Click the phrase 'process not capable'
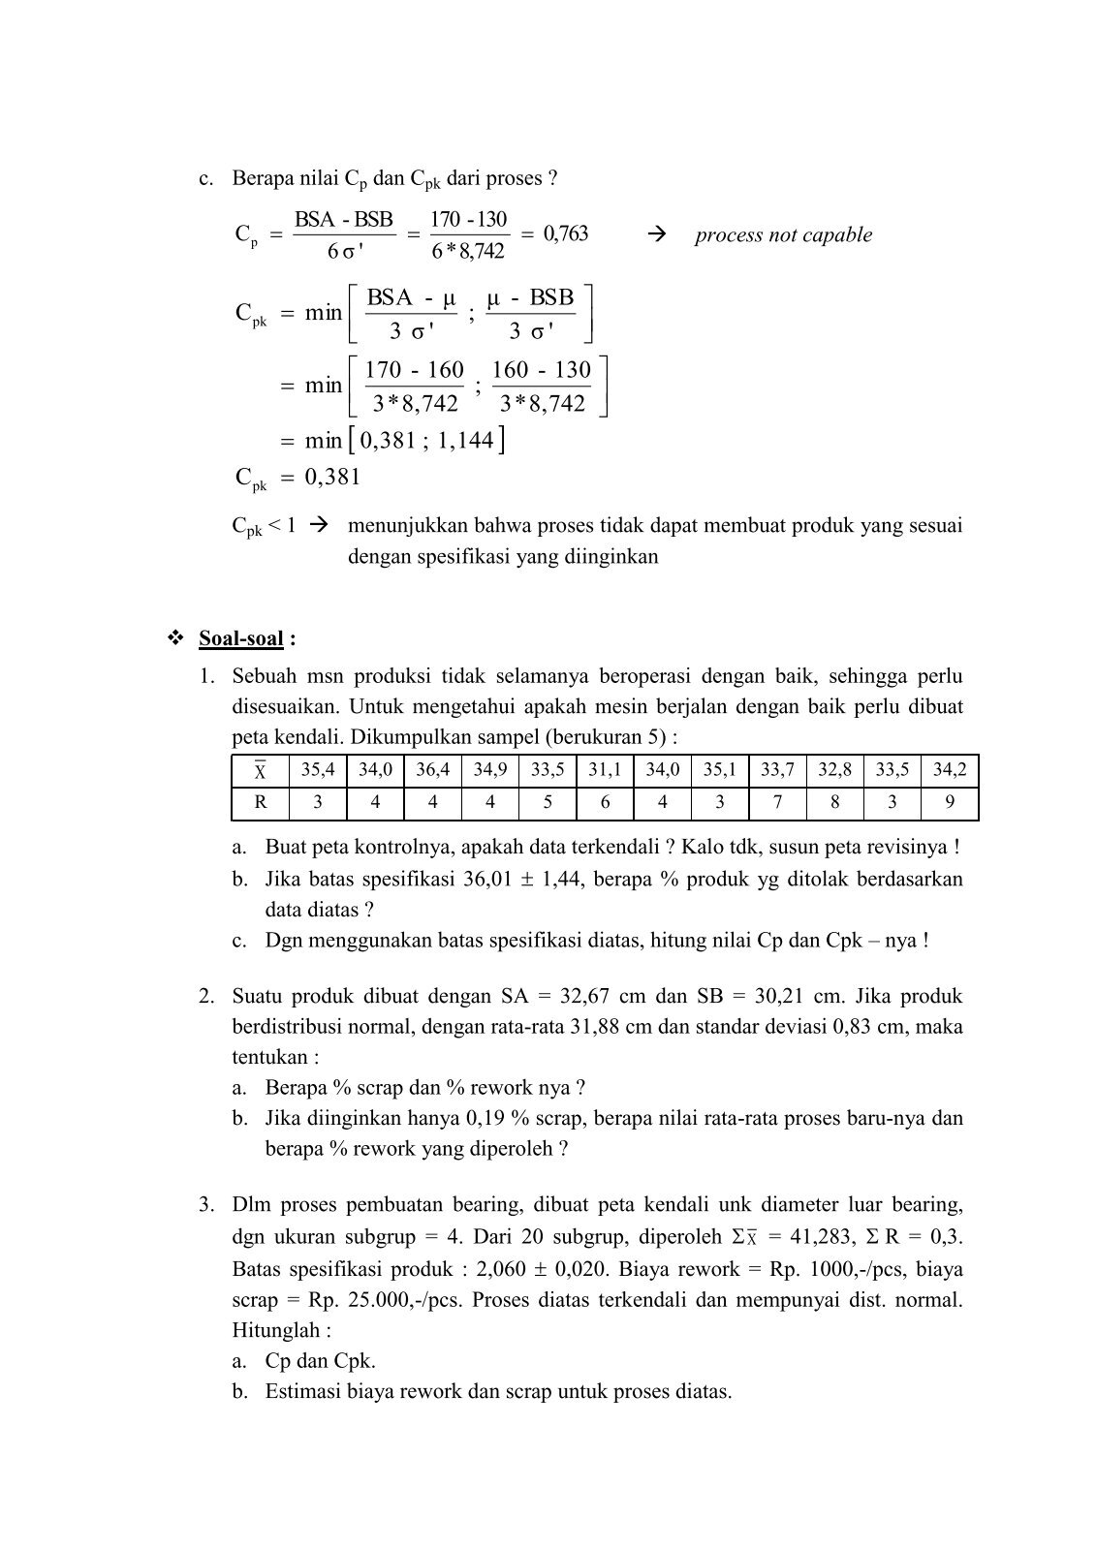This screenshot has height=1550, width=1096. [783, 235]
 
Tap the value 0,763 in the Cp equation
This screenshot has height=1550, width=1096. [566, 233]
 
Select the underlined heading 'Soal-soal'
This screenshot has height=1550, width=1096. [241, 638]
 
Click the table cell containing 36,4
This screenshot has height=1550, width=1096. [433, 771]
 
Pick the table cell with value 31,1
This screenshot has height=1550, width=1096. [606, 771]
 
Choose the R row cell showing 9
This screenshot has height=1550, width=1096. [950, 802]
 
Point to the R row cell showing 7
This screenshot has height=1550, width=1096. [777, 802]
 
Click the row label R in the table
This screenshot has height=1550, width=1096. [260, 802]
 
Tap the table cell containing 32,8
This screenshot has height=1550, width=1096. [834, 771]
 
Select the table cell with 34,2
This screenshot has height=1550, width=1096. [950, 771]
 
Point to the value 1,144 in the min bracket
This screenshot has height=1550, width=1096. [466, 442]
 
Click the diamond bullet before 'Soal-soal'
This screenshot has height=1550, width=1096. [176, 638]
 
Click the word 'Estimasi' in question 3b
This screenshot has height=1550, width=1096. [303, 1392]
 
